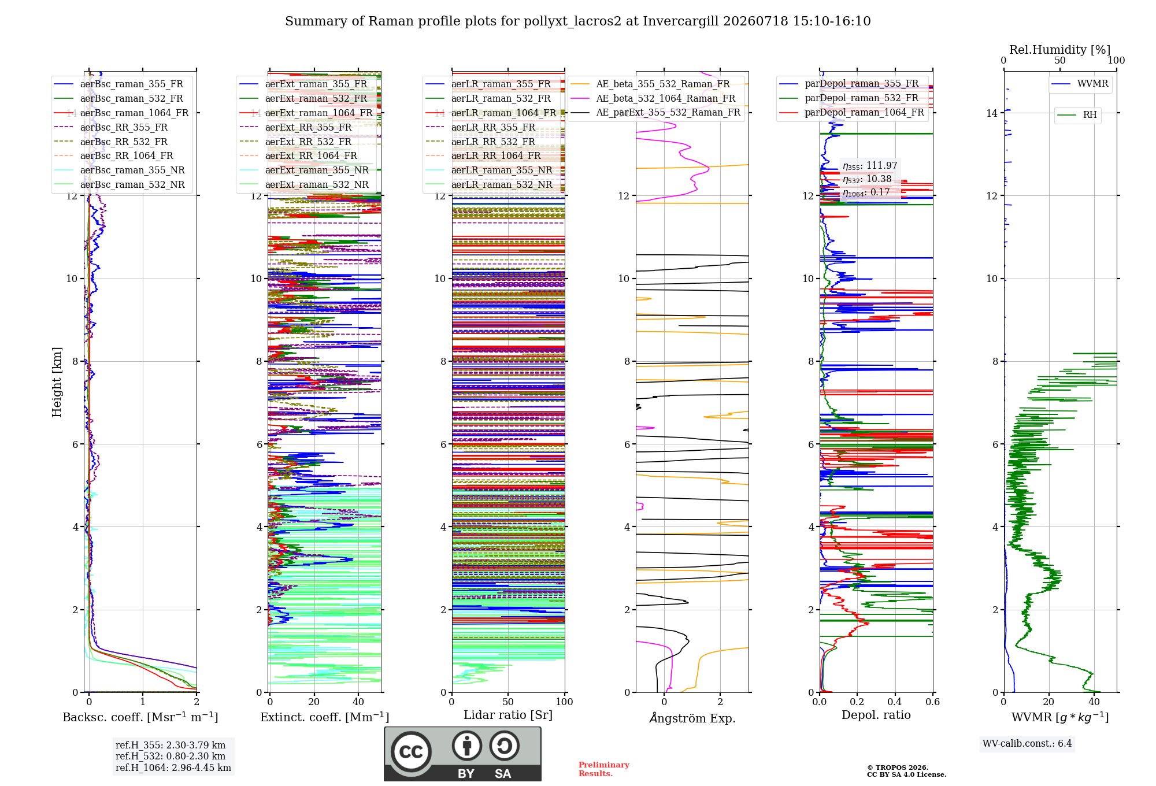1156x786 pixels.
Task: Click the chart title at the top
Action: click(578, 21)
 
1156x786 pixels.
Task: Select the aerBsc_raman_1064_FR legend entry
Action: click(121, 113)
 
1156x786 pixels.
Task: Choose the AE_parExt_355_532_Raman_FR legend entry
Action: click(656, 112)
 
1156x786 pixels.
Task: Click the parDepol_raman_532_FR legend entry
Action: click(850, 98)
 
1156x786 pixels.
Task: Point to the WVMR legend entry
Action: click(1080, 84)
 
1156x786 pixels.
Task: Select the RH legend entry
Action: click(1077, 114)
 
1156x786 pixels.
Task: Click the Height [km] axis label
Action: click(57, 382)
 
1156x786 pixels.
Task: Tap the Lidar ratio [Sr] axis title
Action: click(508, 715)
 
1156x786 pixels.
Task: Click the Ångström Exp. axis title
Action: click(692, 718)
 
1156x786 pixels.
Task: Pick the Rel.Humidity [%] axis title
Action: click(1060, 50)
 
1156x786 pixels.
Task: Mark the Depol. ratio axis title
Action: click(876, 715)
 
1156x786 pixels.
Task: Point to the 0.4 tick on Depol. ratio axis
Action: click(895, 702)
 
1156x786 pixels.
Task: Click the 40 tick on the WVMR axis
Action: click(1094, 702)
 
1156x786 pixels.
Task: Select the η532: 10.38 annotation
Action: click(867, 179)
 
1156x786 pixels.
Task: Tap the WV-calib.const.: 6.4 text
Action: click(1027, 743)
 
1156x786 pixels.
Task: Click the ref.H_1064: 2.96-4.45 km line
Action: click(173, 768)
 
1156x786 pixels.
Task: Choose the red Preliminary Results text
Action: click(604, 769)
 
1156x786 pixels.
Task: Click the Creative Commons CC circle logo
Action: click(411, 751)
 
